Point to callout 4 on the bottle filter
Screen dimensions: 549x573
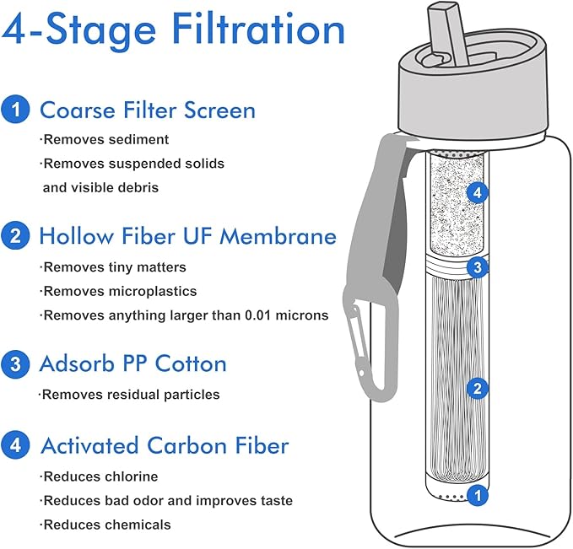click(x=478, y=193)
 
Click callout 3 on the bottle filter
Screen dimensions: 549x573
click(x=478, y=268)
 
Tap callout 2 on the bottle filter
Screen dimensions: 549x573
click(x=478, y=389)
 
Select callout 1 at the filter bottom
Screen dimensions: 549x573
click(x=478, y=495)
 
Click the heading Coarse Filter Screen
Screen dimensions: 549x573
click(x=148, y=110)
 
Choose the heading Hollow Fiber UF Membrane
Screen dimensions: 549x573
click(x=187, y=236)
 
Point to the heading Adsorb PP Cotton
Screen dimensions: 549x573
click(x=133, y=364)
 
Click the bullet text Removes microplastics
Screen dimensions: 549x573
click(x=119, y=291)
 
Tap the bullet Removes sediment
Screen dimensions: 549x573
click(x=105, y=139)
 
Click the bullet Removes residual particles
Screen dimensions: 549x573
click(x=131, y=394)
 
